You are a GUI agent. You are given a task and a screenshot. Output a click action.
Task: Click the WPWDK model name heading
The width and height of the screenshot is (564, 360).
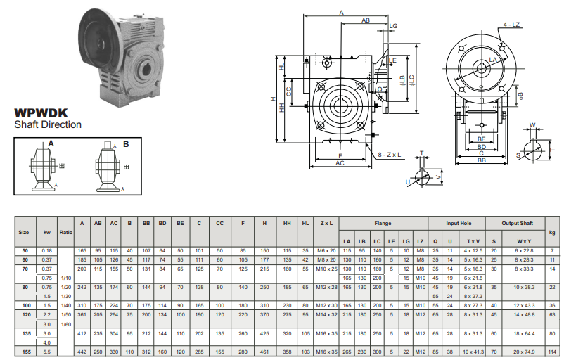[41, 113]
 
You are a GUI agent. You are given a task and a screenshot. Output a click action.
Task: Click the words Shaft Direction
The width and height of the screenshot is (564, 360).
[48, 124]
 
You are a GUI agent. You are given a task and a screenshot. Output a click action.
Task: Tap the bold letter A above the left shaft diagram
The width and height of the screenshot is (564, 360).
[51, 144]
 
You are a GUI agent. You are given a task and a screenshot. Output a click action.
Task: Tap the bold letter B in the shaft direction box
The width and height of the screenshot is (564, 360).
[126, 144]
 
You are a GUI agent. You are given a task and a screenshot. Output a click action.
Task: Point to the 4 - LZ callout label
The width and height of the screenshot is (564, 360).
[511, 25]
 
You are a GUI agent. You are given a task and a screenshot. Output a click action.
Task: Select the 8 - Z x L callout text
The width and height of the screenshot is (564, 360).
[389, 155]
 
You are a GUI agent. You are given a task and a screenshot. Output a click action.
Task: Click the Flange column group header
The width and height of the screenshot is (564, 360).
[383, 224]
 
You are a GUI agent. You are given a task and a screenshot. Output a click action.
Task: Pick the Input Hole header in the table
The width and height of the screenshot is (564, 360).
[459, 224]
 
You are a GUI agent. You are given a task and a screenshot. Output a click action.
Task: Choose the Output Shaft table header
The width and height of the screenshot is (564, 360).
[518, 224]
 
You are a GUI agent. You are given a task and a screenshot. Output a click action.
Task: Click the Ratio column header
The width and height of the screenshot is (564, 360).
[66, 232]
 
